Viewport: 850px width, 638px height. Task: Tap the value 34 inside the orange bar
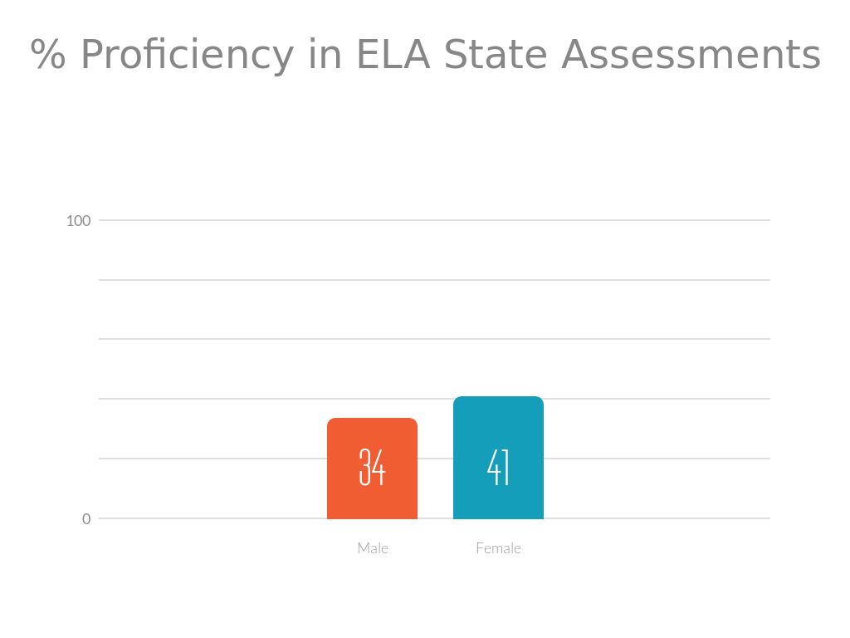pyautogui.click(x=372, y=467)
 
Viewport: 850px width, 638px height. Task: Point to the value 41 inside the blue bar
pyautogui.click(x=498, y=467)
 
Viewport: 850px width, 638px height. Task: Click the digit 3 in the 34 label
pyautogui.click(x=364, y=467)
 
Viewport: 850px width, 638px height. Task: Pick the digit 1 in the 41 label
pyautogui.click(x=506, y=467)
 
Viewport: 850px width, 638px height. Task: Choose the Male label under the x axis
pyautogui.click(x=373, y=548)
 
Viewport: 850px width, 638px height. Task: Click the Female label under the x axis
pyautogui.click(x=498, y=548)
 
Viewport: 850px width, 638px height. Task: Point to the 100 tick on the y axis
pyautogui.click(x=78, y=220)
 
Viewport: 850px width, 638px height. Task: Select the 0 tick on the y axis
pyautogui.click(x=86, y=518)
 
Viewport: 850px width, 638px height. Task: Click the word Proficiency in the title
pyautogui.click(x=187, y=56)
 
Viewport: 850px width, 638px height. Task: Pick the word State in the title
pyautogui.click(x=496, y=56)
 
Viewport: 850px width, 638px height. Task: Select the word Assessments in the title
pyautogui.click(x=691, y=56)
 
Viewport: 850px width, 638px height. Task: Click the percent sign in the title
pyautogui.click(x=48, y=56)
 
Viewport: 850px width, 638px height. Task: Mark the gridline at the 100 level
pyautogui.click(x=581, y=220)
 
